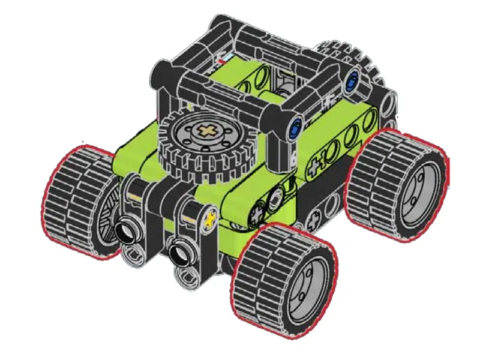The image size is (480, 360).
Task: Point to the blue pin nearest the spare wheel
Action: click(295, 129)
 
